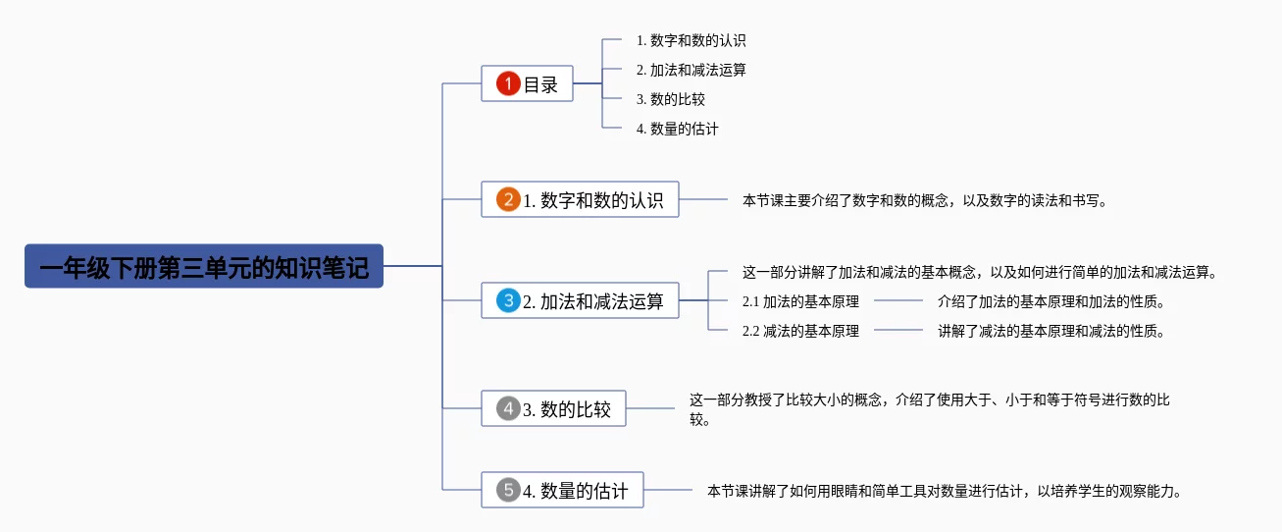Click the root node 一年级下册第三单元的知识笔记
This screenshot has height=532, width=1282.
[204, 266]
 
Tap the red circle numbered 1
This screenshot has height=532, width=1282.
[508, 83]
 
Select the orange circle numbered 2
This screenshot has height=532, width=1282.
[508, 199]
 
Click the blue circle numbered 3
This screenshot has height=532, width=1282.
[508, 300]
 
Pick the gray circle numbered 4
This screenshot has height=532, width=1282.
[508, 408]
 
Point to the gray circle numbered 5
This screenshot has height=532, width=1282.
[508, 490]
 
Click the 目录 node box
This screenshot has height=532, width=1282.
[527, 83]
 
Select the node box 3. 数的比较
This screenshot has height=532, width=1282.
[553, 408]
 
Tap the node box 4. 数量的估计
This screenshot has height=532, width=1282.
[563, 490]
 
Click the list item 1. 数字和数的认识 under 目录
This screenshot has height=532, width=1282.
[691, 40]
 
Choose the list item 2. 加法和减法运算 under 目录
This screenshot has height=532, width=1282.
[691, 70]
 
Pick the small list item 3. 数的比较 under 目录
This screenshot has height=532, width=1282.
[670, 99]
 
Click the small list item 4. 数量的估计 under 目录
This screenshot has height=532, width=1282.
[677, 129]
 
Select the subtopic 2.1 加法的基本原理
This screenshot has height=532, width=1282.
[800, 301]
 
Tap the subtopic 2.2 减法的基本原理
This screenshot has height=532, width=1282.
[800, 331]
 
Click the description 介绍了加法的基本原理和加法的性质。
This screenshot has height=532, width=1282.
[1051, 301]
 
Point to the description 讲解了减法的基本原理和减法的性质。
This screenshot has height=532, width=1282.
[1051, 331]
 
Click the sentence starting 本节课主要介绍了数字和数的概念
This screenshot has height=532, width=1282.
[925, 200]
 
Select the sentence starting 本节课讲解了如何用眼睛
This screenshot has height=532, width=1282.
[945, 491]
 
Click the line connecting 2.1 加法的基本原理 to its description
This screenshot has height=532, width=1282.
[897, 300]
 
